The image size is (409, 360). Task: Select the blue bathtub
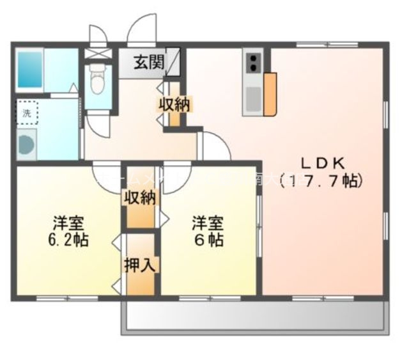pos(29,70)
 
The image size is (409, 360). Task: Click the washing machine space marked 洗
pos(27,113)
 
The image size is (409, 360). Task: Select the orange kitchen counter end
pos(270,94)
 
